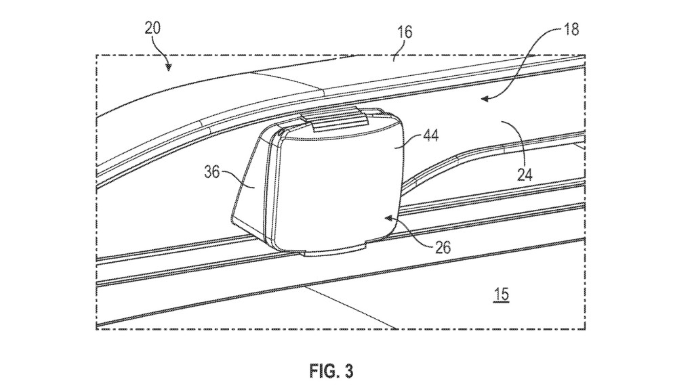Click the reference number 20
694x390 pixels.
click(152, 28)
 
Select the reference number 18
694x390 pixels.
click(571, 30)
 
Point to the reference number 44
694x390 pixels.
click(430, 135)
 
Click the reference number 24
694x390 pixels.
click(525, 175)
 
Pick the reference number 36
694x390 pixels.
click(212, 171)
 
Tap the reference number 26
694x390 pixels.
click(442, 248)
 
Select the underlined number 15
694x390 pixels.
click(501, 295)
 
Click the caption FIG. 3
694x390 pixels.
click(331, 371)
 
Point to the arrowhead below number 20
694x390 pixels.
click(168, 67)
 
